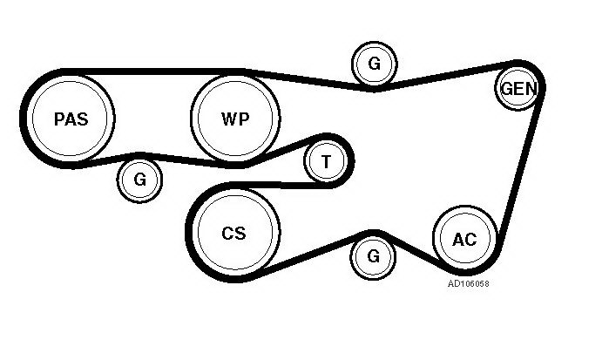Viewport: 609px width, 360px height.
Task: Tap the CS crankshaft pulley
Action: (234, 233)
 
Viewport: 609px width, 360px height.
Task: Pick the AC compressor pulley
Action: (465, 238)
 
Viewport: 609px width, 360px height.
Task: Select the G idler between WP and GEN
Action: (374, 63)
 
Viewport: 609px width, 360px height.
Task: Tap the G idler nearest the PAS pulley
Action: (140, 180)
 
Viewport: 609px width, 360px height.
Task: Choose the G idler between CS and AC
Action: (373, 256)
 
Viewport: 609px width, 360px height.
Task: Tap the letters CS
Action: (234, 233)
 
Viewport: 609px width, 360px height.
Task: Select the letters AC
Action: (465, 238)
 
